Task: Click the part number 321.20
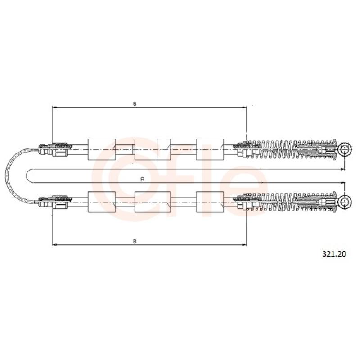(x=334, y=254)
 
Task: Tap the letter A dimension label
(x=142, y=179)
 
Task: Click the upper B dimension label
(x=135, y=104)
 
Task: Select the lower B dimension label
(x=135, y=241)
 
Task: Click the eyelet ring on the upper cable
(x=345, y=149)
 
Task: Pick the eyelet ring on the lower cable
(x=345, y=202)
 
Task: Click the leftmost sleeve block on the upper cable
(x=102, y=149)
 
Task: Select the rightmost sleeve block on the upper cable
(x=210, y=149)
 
